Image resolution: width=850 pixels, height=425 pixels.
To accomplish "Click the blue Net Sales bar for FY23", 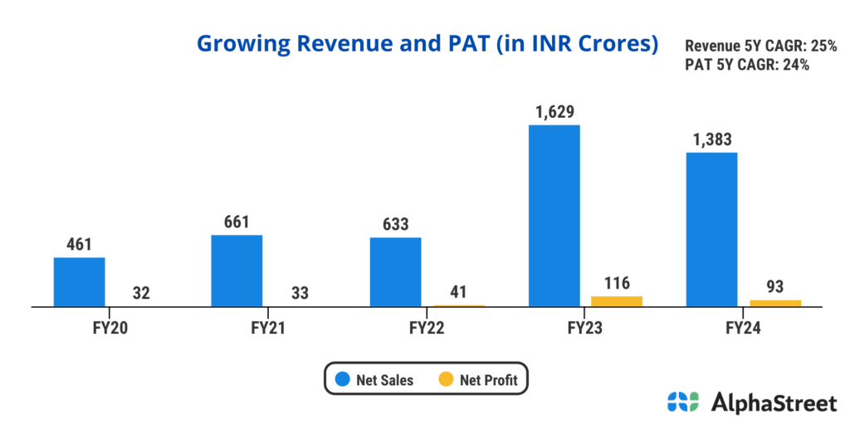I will pos(554,216).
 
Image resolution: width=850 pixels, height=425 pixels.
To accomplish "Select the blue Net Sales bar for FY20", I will pos(79,282).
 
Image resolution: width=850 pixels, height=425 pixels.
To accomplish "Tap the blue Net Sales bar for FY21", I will pos(237,271).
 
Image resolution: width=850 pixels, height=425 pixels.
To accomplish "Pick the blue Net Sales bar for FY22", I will pos(395,272).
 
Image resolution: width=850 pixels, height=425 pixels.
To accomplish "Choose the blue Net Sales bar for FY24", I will pos(712,229).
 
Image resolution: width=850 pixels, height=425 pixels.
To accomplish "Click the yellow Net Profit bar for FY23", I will pos(617,301).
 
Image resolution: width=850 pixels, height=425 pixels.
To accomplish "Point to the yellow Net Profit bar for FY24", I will pos(775,303).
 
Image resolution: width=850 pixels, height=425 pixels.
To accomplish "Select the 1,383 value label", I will pos(712,139).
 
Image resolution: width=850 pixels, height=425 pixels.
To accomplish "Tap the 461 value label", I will pos(79,244).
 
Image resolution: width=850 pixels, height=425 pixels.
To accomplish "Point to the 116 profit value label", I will pos(617,282).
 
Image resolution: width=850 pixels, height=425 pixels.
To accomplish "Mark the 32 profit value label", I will pos(142,293).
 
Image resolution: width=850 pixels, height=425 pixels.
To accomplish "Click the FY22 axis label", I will pos(427,328).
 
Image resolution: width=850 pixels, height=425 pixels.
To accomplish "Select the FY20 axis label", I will pos(110,328).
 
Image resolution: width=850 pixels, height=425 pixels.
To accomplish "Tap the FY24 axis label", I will pos(744,328).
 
